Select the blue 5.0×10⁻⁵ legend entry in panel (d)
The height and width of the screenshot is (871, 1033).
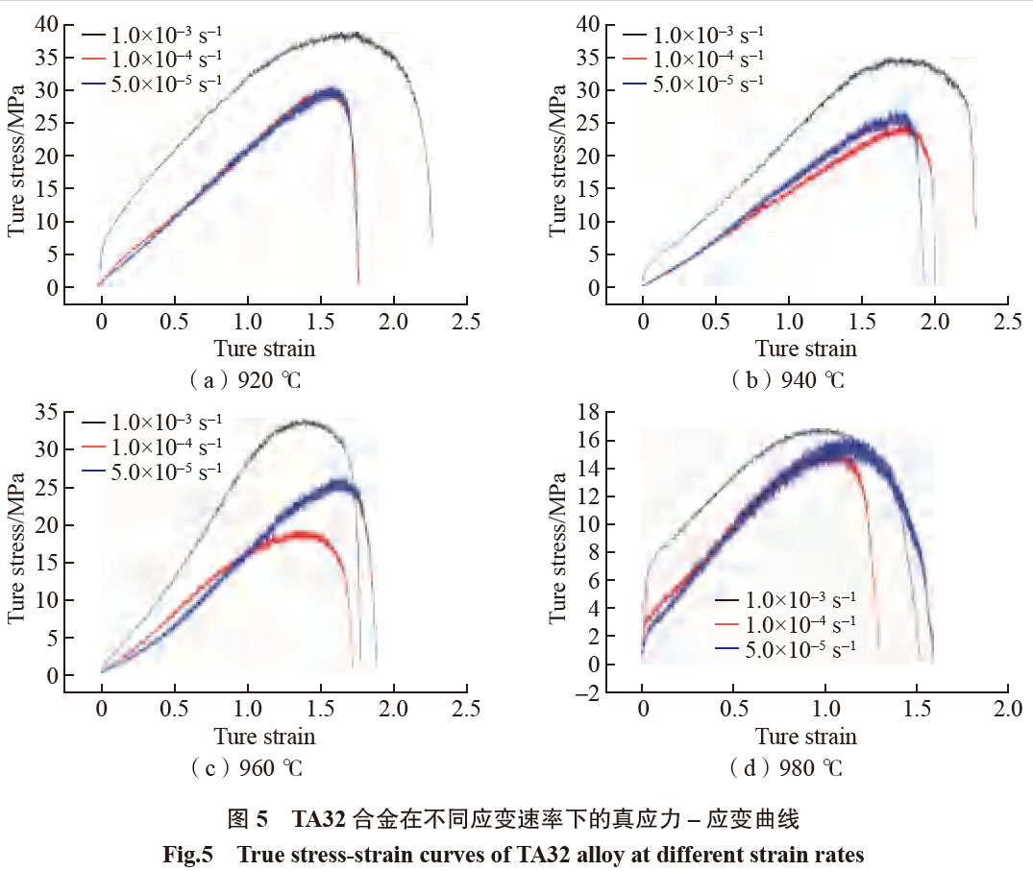(798, 650)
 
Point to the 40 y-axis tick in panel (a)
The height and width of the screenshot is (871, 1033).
(46, 24)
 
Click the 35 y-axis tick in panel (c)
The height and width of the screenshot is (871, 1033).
(46, 412)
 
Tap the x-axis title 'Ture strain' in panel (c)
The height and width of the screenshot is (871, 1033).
(264, 738)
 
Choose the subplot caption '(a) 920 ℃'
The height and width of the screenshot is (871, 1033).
(245, 379)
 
